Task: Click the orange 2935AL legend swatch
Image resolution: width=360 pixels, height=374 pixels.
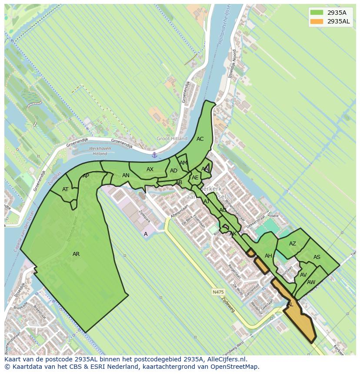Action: click(317, 21)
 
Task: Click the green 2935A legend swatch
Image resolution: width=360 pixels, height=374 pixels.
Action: click(317, 13)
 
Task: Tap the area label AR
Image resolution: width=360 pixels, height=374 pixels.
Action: click(76, 254)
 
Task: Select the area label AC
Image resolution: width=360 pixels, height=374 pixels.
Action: click(200, 139)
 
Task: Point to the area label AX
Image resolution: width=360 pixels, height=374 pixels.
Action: click(150, 169)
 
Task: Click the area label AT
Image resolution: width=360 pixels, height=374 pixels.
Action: click(65, 189)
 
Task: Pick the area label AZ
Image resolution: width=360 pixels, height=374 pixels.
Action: click(293, 244)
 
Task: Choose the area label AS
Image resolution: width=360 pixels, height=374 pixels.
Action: click(317, 257)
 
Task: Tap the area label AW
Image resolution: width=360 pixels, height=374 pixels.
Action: click(311, 282)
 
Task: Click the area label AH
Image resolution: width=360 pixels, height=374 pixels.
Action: click(268, 256)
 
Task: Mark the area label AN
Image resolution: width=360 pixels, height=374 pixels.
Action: click(126, 175)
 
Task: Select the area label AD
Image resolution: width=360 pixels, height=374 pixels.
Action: click(173, 171)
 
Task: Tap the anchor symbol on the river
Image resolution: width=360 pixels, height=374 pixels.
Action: click(154, 155)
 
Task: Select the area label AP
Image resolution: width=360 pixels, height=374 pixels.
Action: click(86, 176)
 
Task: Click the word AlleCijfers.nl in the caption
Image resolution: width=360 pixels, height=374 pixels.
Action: click(225, 359)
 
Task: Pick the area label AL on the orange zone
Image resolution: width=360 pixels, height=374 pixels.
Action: click(290, 304)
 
